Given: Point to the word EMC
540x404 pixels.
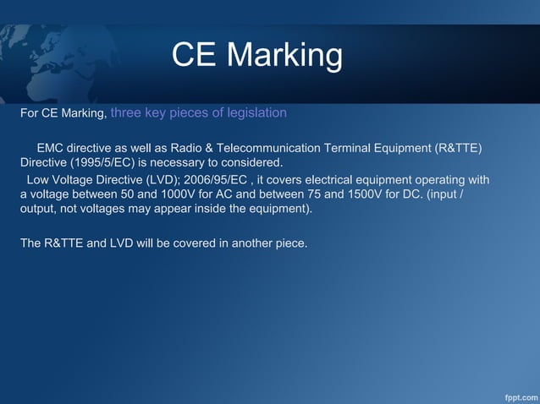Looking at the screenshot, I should [51, 149].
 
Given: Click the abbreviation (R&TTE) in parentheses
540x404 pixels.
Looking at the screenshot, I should [458, 149].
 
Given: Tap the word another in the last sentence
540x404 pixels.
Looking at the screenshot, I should [252, 244].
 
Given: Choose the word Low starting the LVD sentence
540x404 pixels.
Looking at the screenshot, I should [38, 180].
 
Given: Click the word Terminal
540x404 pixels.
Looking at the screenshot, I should [399, 149].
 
